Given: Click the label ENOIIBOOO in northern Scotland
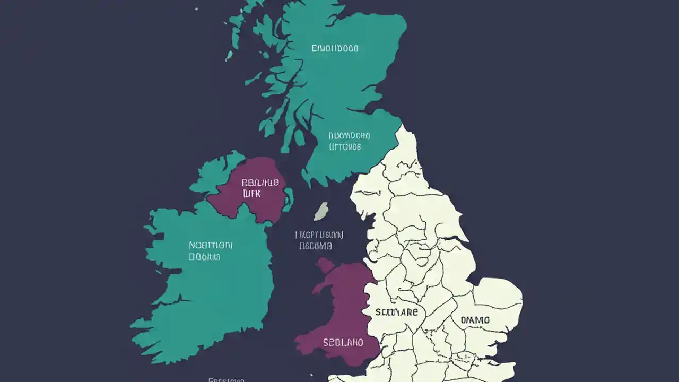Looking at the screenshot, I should tap(335, 48).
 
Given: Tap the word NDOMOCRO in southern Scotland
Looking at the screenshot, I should tap(349, 135).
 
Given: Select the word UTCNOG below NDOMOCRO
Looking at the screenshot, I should tap(345, 146).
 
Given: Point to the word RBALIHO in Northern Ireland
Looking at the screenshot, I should tap(260, 183).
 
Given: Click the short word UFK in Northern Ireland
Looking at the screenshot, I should tap(252, 194).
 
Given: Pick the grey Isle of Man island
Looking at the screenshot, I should tap(321, 211).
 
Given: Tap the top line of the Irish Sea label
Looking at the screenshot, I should tap(320, 235).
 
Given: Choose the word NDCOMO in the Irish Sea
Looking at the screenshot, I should tap(316, 246).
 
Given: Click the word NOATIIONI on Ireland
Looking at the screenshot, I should tap(211, 246).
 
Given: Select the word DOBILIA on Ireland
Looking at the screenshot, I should tap(204, 257).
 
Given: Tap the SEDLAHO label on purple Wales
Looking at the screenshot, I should tap(343, 343).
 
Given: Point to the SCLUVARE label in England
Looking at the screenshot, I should tap(396, 312).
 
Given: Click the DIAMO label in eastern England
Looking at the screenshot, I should tap(475, 320).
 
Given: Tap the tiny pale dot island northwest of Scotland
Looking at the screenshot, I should tap(196, 9).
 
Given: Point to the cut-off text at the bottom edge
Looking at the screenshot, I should tap(226, 379).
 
